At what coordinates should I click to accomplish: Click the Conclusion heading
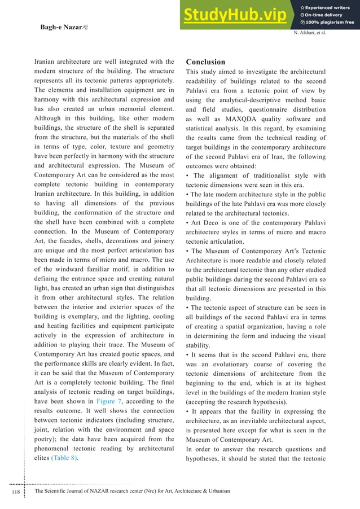click(x=205, y=62)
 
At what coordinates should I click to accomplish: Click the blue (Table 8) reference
click(x=64, y=458)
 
